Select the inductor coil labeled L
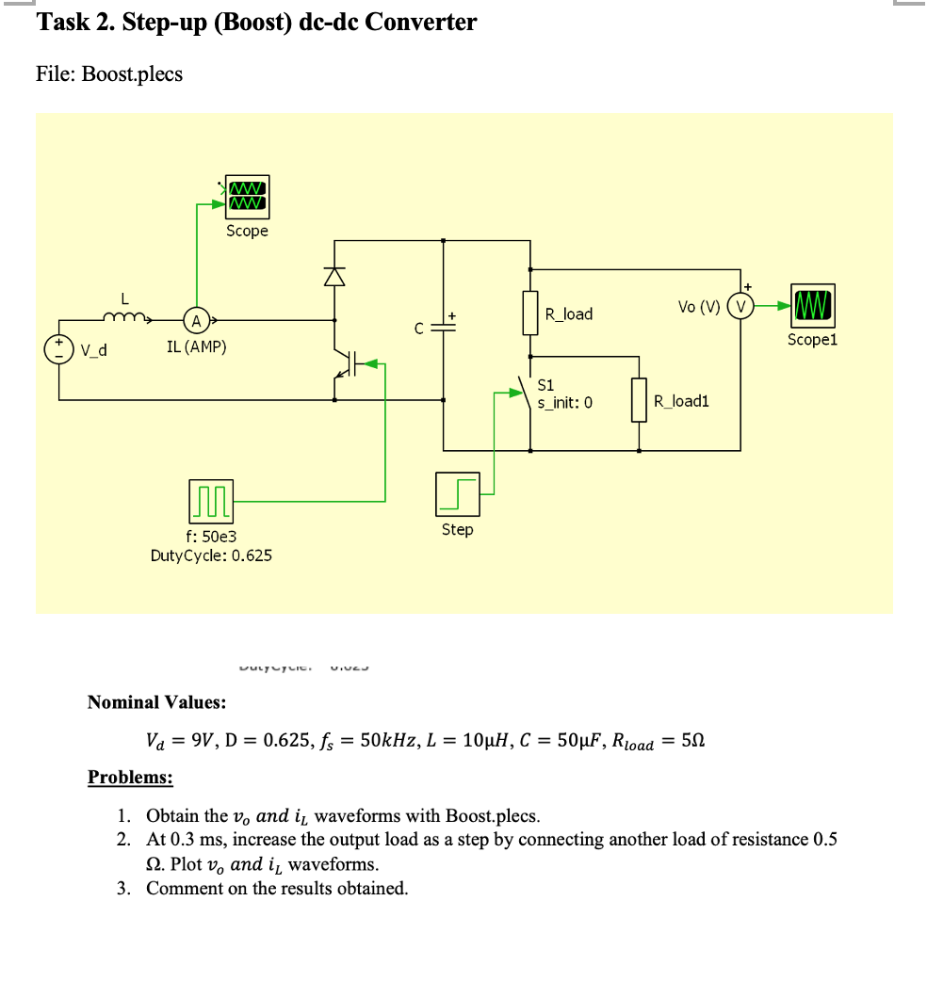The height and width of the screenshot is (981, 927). (x=125, y=317)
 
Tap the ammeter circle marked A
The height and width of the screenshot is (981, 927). (x=196, y=321)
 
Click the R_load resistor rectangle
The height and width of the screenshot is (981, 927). (x=530, y=314)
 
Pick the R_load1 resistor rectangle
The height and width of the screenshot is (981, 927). (x=641, y=400)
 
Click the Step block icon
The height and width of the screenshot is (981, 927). (x=458, y=494)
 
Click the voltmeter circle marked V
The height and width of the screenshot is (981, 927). (x=740, y=306)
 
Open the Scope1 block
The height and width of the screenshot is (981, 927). (x=812, y=306)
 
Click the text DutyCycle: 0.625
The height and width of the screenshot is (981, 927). (x=211, y=555)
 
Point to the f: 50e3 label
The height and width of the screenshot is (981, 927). (x=211, y=536)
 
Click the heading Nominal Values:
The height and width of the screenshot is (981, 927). (x=155, y=702)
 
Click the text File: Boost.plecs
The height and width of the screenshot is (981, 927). (x=109, y=73)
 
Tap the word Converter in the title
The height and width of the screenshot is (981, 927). (x=420, y=22)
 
